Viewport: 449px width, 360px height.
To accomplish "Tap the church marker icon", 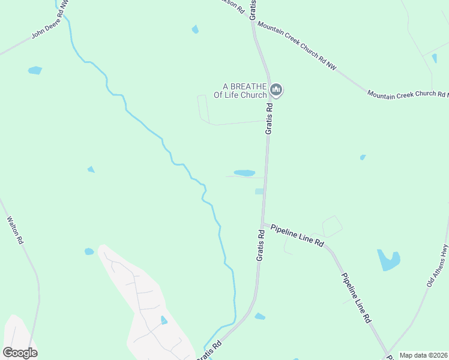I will tap(276, 91).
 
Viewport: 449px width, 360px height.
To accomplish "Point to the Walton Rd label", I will tap(14, 230).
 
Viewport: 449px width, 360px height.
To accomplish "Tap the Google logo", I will tap(20, 352).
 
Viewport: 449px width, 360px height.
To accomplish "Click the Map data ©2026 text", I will tap(423, 355).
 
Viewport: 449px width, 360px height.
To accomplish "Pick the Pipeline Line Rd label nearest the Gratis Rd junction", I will tap(297, 236).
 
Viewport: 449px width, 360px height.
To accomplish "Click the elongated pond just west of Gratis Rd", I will tap(244, 173).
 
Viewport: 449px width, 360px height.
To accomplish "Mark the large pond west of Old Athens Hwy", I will tap(388, 260).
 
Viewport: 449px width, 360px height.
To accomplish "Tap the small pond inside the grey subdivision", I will tap(164, 320).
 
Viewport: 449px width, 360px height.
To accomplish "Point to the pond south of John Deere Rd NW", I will tap(35, 70).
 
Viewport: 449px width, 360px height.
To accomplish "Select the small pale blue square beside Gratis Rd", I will tap(259, 191).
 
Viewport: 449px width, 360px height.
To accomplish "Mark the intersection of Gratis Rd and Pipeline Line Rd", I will tap(263, 224).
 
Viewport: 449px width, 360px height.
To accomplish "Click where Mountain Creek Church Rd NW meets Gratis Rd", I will tap(254, 22).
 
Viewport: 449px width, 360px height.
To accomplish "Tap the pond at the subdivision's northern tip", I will tap(89, 251).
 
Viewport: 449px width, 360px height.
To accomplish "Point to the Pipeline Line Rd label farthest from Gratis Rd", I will tap(357, 299).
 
